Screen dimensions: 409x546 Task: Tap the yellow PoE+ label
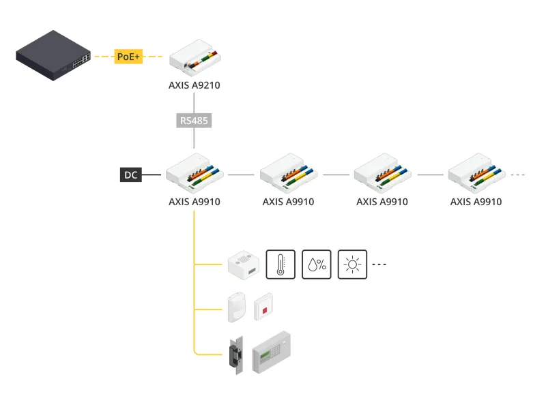point(128,57)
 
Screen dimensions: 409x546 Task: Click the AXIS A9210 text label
point(195,86)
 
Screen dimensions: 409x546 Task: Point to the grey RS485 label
point(195,121)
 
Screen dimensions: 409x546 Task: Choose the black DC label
point(130,175)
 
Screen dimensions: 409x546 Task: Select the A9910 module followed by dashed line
point(476,172)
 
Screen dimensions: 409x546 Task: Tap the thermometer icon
point(280,264)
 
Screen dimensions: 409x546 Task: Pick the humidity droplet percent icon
point(317,264)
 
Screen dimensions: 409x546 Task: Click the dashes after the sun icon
point(379,264)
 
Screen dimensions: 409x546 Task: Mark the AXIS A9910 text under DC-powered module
point(195,202)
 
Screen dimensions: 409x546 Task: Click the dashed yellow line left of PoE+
point(103,57)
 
